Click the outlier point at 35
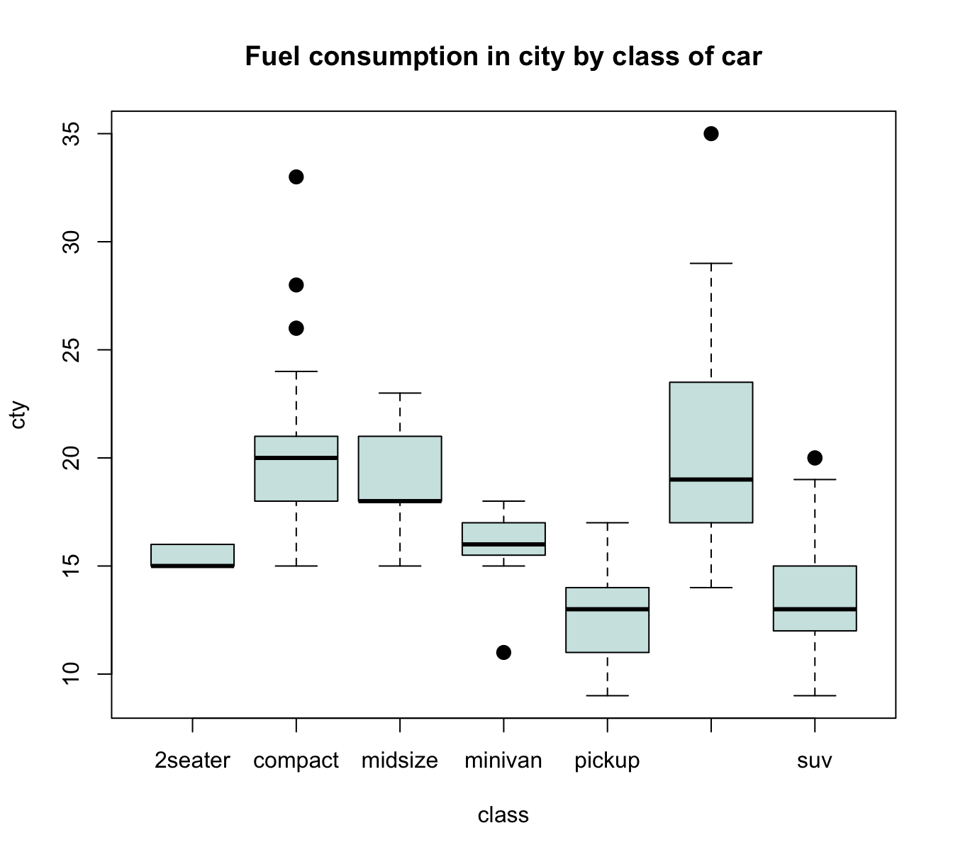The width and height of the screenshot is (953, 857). coord(710,134)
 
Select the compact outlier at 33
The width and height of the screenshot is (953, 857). coord(296,177)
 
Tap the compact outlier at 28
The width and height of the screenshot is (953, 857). coord(296,285)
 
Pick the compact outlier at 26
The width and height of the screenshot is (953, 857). coord(296,328)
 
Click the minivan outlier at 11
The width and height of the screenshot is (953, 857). coord(503,652)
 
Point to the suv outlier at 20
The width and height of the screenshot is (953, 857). coord(815,458)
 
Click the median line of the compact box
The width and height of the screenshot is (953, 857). coord(296,458)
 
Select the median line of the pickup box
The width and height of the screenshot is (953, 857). coord(607,609)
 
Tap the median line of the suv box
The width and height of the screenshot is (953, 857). coord(815,609)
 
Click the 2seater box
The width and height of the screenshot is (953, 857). coord(193,555)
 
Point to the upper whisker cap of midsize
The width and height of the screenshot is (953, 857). coord(400,393)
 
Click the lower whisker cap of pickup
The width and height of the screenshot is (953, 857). coord(607,695)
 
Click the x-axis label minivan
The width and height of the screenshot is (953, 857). coord(503,761)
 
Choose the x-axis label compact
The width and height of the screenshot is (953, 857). coord(296,761)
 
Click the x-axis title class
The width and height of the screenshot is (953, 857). coord(503,815)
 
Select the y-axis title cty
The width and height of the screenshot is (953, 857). coord(19,415)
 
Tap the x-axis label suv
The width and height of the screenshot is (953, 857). coord(815,761)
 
